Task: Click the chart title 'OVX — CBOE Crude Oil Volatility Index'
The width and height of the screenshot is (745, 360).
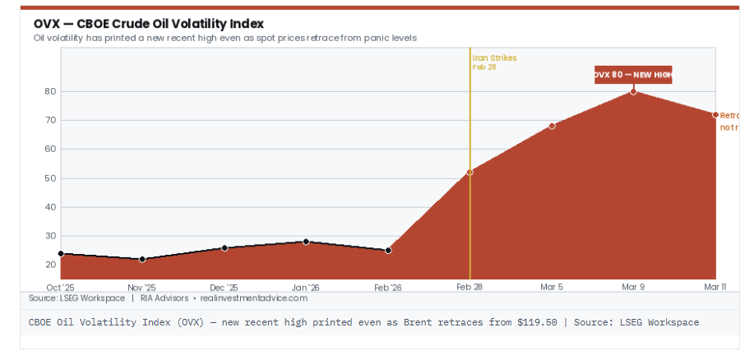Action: coord(149,24)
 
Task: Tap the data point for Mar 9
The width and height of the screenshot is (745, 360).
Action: coord(633,91)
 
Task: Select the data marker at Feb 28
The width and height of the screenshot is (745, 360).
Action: coord(470,172)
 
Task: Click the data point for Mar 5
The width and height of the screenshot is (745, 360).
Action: coord(552,126)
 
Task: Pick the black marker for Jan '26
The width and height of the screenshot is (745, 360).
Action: coord(306,242)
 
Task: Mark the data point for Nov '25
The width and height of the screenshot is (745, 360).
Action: coord(142,259)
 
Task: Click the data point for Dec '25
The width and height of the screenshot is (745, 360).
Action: coord(224,247)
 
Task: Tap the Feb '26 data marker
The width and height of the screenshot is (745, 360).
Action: coord(388,250)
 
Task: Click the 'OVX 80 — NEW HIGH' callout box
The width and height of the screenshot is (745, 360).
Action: coord(633,75)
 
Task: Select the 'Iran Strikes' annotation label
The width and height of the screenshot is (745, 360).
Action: coord(494,58)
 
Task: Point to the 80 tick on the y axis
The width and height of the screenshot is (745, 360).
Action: coord(50,91)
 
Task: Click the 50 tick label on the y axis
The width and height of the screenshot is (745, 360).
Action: coord(50,178)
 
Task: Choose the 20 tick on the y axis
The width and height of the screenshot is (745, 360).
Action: coord(50,265)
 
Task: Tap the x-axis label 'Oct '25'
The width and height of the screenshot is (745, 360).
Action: coord(60,288)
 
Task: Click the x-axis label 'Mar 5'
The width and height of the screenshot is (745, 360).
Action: coord(552,288)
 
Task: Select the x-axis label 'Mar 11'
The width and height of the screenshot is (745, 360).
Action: coord(714,288)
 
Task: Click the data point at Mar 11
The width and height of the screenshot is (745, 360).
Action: coord(715,115)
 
